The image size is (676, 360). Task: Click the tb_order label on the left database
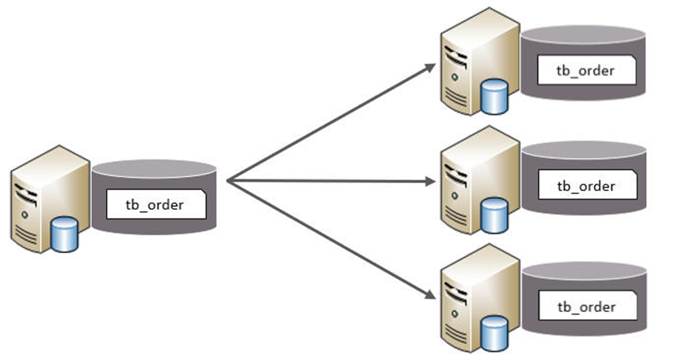coord(155,205)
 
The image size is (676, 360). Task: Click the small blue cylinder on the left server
coord(64,235)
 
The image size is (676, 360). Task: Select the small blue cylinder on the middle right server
coord(494,215)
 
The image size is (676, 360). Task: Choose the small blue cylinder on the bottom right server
coord(494,334)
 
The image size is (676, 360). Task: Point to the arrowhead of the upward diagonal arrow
coord(431,66)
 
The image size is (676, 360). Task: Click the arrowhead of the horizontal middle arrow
coord(431,182)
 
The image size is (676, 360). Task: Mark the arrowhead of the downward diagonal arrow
coord(431,297)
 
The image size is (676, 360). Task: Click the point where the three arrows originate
coord(227,182)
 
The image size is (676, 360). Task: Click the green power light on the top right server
coord(455,76)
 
